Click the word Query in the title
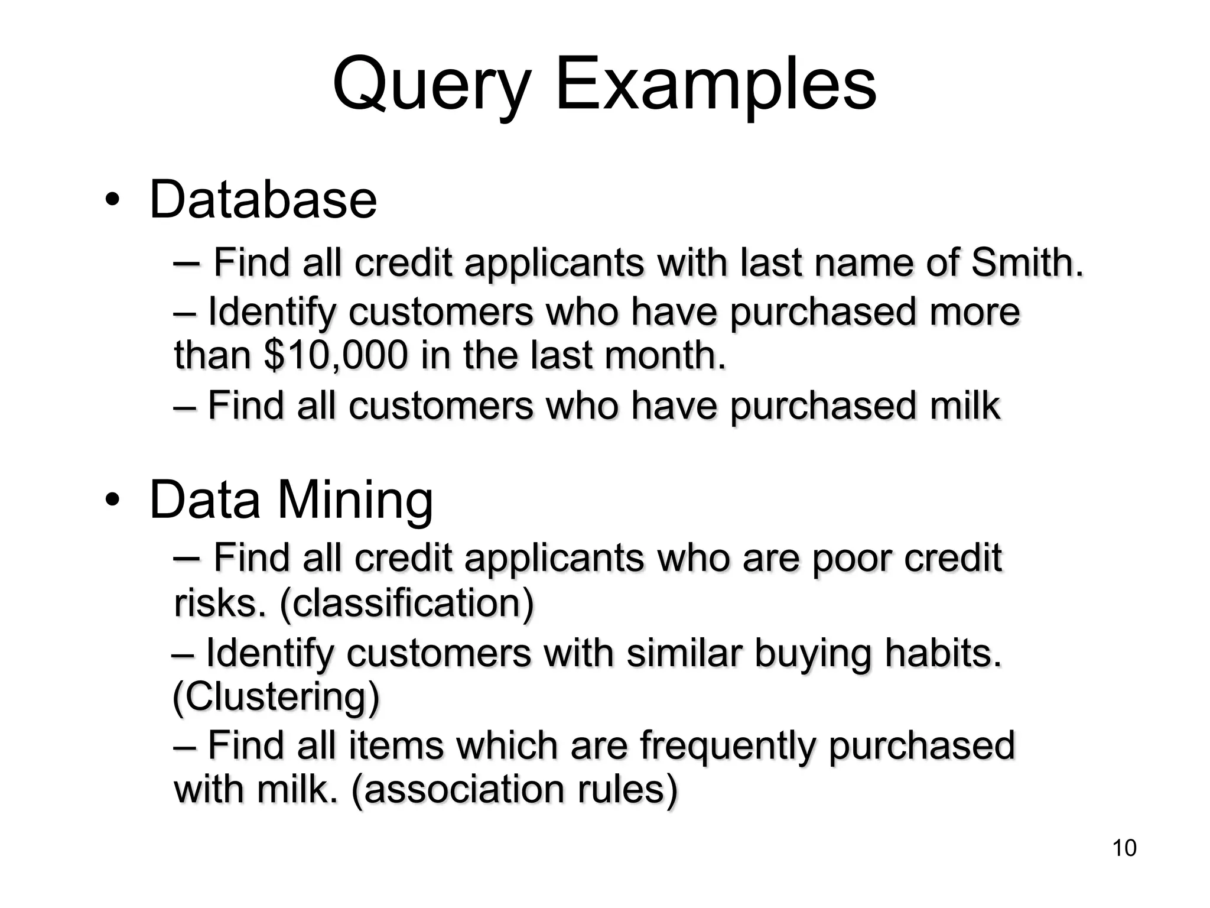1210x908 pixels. click(x=431, y=86)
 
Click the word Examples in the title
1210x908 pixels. click(x=715, y=86)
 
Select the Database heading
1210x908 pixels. click(x=263, y=199)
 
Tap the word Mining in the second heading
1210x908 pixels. click(x=355, y=500)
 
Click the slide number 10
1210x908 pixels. click(x=1124, y=848)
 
